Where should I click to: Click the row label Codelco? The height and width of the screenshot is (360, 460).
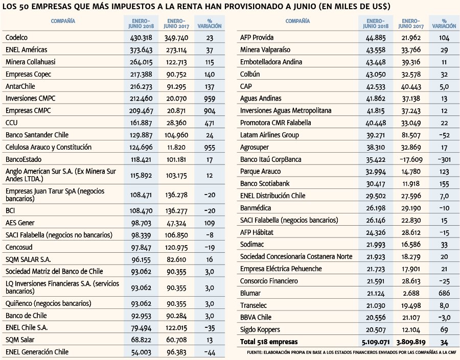click(x=16, y=37)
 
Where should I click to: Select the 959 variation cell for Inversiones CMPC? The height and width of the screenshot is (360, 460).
click(x=210, y=99)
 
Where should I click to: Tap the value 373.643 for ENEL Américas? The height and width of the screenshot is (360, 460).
click(x=141, y=50)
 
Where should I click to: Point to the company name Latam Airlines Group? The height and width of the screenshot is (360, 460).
click(x=269, y=135)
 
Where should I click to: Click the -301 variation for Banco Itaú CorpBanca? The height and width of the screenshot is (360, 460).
click(x=444, y=159)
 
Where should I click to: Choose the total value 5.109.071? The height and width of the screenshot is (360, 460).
click(x=376, y=342)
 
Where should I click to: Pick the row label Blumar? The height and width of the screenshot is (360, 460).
click(x=250, y=293)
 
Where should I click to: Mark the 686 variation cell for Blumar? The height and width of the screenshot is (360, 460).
click(x=444, y=293)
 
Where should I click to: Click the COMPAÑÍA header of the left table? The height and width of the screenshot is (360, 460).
click(x=63, y=21)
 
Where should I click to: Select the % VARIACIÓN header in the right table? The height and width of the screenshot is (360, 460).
click(x=444, y=23)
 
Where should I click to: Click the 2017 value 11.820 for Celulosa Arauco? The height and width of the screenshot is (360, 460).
click(x=176, y=147)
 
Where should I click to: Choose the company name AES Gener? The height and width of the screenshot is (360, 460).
click(x=20, y=223)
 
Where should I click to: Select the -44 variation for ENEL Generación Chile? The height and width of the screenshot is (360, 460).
click(x=210, y=352)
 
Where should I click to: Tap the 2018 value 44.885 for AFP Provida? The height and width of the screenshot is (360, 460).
click(x=376, y=38)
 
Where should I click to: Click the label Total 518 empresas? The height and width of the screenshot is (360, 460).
click(x=269, y=342)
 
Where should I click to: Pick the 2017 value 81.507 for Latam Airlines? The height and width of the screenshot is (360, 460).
click(x=411, y=135)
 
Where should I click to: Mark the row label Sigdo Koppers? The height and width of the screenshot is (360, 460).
click(x=260, y=329)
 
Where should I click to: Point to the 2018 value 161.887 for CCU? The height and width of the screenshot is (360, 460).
click(x=141, y=123)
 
